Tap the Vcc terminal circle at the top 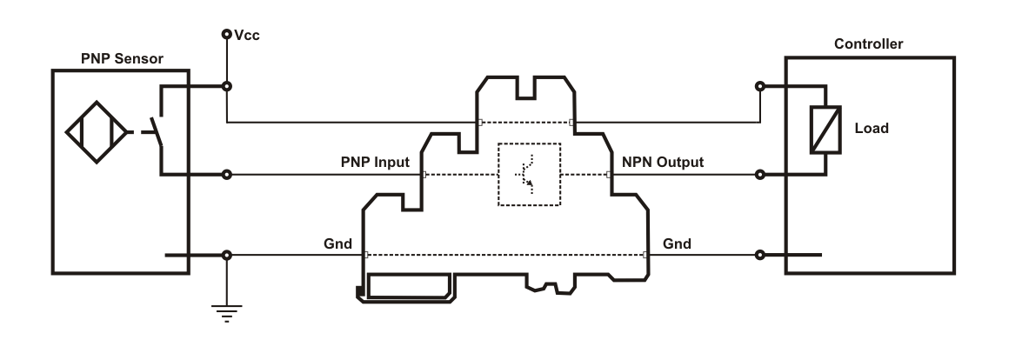click(226, 35)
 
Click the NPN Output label click(662, 162)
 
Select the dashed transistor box click(529, 174)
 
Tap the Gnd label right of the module click(676, 243)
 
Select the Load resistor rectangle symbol click(823, 130)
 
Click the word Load click(872, 128)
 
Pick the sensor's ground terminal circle click(226, 256)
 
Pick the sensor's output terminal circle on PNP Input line click(226, 175)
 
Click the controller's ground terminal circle click(760, 256)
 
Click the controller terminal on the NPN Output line click(760, 175)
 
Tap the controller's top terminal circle click(760, 86)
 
